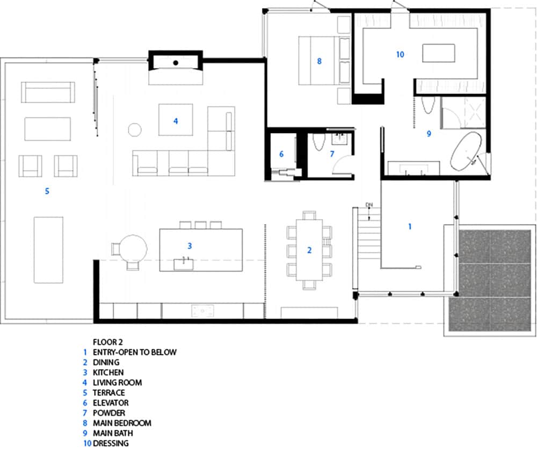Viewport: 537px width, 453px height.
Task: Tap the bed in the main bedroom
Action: [x=318, y=61]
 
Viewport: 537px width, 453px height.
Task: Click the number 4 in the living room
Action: [x=175, y=121]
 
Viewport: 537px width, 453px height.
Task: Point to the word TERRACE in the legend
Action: [x=109, y=392]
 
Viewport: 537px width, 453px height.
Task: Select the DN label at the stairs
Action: [x=369, y=205]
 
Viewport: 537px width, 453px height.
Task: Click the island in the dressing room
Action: [x=439, y=54]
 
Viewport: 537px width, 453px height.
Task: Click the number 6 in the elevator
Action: [x=281, y=154]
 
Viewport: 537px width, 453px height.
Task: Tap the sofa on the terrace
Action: [x=48, y=92]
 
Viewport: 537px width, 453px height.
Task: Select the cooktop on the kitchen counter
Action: [x=203, y=311]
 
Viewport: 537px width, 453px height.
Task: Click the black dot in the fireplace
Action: [x=176, y=63]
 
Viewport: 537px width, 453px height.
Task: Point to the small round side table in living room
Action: [x=134, y=130]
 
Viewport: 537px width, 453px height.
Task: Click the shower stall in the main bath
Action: [x=463, y=113]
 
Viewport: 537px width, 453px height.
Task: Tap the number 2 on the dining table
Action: [x=309, y=250]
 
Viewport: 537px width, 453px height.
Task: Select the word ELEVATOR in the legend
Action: [x=111, y=402]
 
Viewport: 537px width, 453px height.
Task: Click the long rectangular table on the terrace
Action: [x=48, y=249]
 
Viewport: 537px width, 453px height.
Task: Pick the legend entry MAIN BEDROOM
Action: [x=122, y=423]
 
